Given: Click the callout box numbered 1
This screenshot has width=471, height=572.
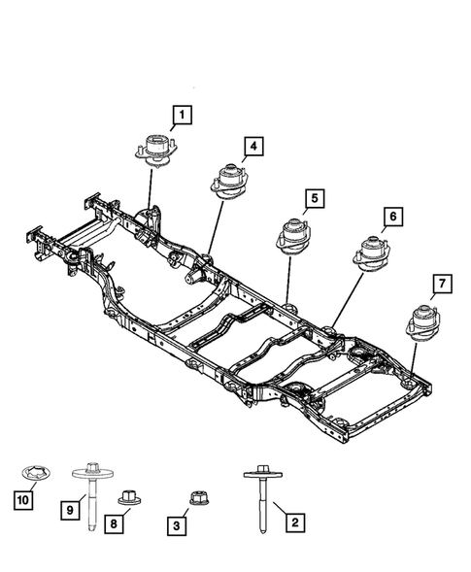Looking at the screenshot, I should [182, 118].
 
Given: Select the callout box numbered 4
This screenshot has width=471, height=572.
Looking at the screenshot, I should [252, 147].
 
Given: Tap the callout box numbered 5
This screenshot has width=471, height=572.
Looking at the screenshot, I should [315, 201].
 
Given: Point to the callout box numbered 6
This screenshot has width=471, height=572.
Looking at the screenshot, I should [392, 217].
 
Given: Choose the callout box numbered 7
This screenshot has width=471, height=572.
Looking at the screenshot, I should [441, 284].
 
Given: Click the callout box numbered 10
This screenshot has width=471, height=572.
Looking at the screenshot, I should [21, 499].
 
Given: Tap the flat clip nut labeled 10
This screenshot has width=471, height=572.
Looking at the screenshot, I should [36, 476].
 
